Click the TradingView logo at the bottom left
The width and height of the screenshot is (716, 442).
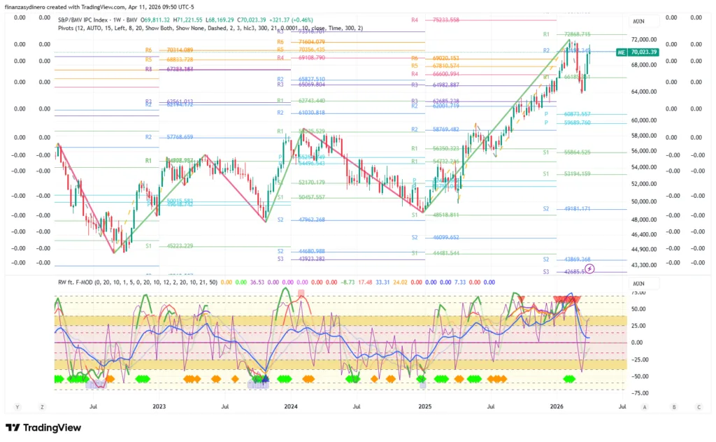pyautogui.click(x=43, y=427)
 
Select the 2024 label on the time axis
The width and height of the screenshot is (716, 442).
pyautogui.click(x=291, y=406)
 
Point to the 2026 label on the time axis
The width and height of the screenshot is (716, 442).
pyautogui.click(x=557, y=406)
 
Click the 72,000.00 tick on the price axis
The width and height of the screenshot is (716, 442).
pyautogui.click(x=645, y=40)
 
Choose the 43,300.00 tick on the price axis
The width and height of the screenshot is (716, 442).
pyautogui.click(x=645, y=265)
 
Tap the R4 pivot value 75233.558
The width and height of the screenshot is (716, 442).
pyautogui.click(x=445, y=20)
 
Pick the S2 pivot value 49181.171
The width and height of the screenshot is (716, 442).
pyautogui.click(x=576, y=209)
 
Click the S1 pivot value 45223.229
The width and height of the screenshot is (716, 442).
pyautogui.click(x=180, y=246)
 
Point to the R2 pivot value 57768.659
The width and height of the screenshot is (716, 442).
pyautogui.click(x=180, y=137)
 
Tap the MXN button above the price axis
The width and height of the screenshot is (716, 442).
pyautogui.click(x=638, y=22)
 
